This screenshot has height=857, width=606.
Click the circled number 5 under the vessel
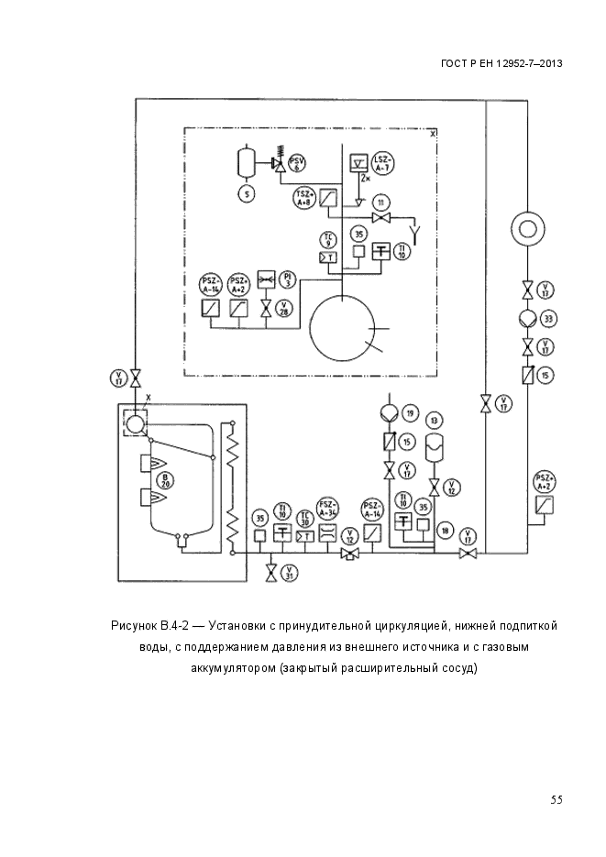tap(247, 193)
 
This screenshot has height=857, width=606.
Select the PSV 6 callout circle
tap(297, 164)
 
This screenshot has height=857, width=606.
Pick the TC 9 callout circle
tap(326, 240)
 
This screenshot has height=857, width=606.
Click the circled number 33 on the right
tap(548, 319)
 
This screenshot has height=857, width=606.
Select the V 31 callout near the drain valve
tap(291, 574)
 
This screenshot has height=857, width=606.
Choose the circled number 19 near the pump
tap(410, 413)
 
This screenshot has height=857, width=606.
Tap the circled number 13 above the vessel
tap(434, 420)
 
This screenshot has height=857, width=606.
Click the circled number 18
tap(445, 530)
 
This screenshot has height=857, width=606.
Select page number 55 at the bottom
tap(556, 799)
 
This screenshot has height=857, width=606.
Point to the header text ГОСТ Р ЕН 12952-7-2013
tap(501, 63)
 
